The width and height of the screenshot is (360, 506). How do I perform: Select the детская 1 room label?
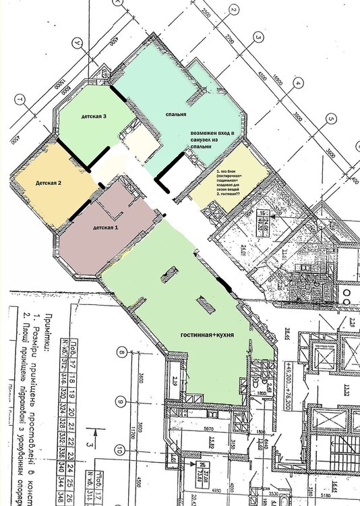(105, 227)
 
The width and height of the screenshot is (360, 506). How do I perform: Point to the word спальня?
(175, 115)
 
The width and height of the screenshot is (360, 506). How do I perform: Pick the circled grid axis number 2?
(233, 9)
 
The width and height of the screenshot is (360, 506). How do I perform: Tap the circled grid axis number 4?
(297, 84)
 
